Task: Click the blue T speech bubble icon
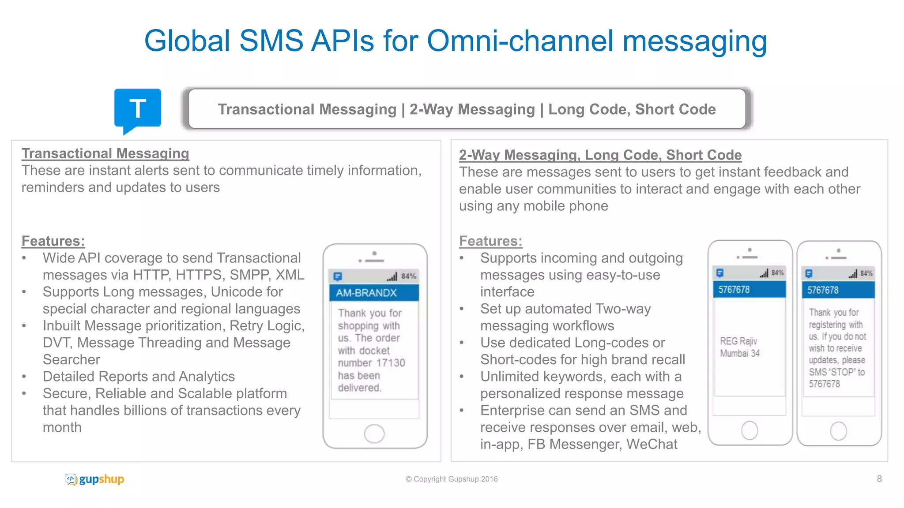click(x=137, y=108)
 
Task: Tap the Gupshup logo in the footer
click(x=94, y=479)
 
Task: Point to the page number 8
click(x=879, y=479)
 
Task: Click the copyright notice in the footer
click(x=452, y=479)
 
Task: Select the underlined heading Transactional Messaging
click(x=105, y=153)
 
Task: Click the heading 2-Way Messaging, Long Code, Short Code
click(x=600, y=155)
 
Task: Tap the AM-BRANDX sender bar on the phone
click(x=374, y=293)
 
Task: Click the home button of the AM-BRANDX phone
click(x=374, y=433)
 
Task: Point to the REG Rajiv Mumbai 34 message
click(x=740, y=347)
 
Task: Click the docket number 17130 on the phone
click(x=390, y=363)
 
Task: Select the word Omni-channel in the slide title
click(x=520, y=41)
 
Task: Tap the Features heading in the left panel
click(x=53, y=241)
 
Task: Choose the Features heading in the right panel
click(x=490, y=241)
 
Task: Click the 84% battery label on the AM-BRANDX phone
click(x=408, y=276)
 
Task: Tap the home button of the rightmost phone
click(x=838, y=431)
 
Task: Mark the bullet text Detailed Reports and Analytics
click(x=139, y=377)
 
